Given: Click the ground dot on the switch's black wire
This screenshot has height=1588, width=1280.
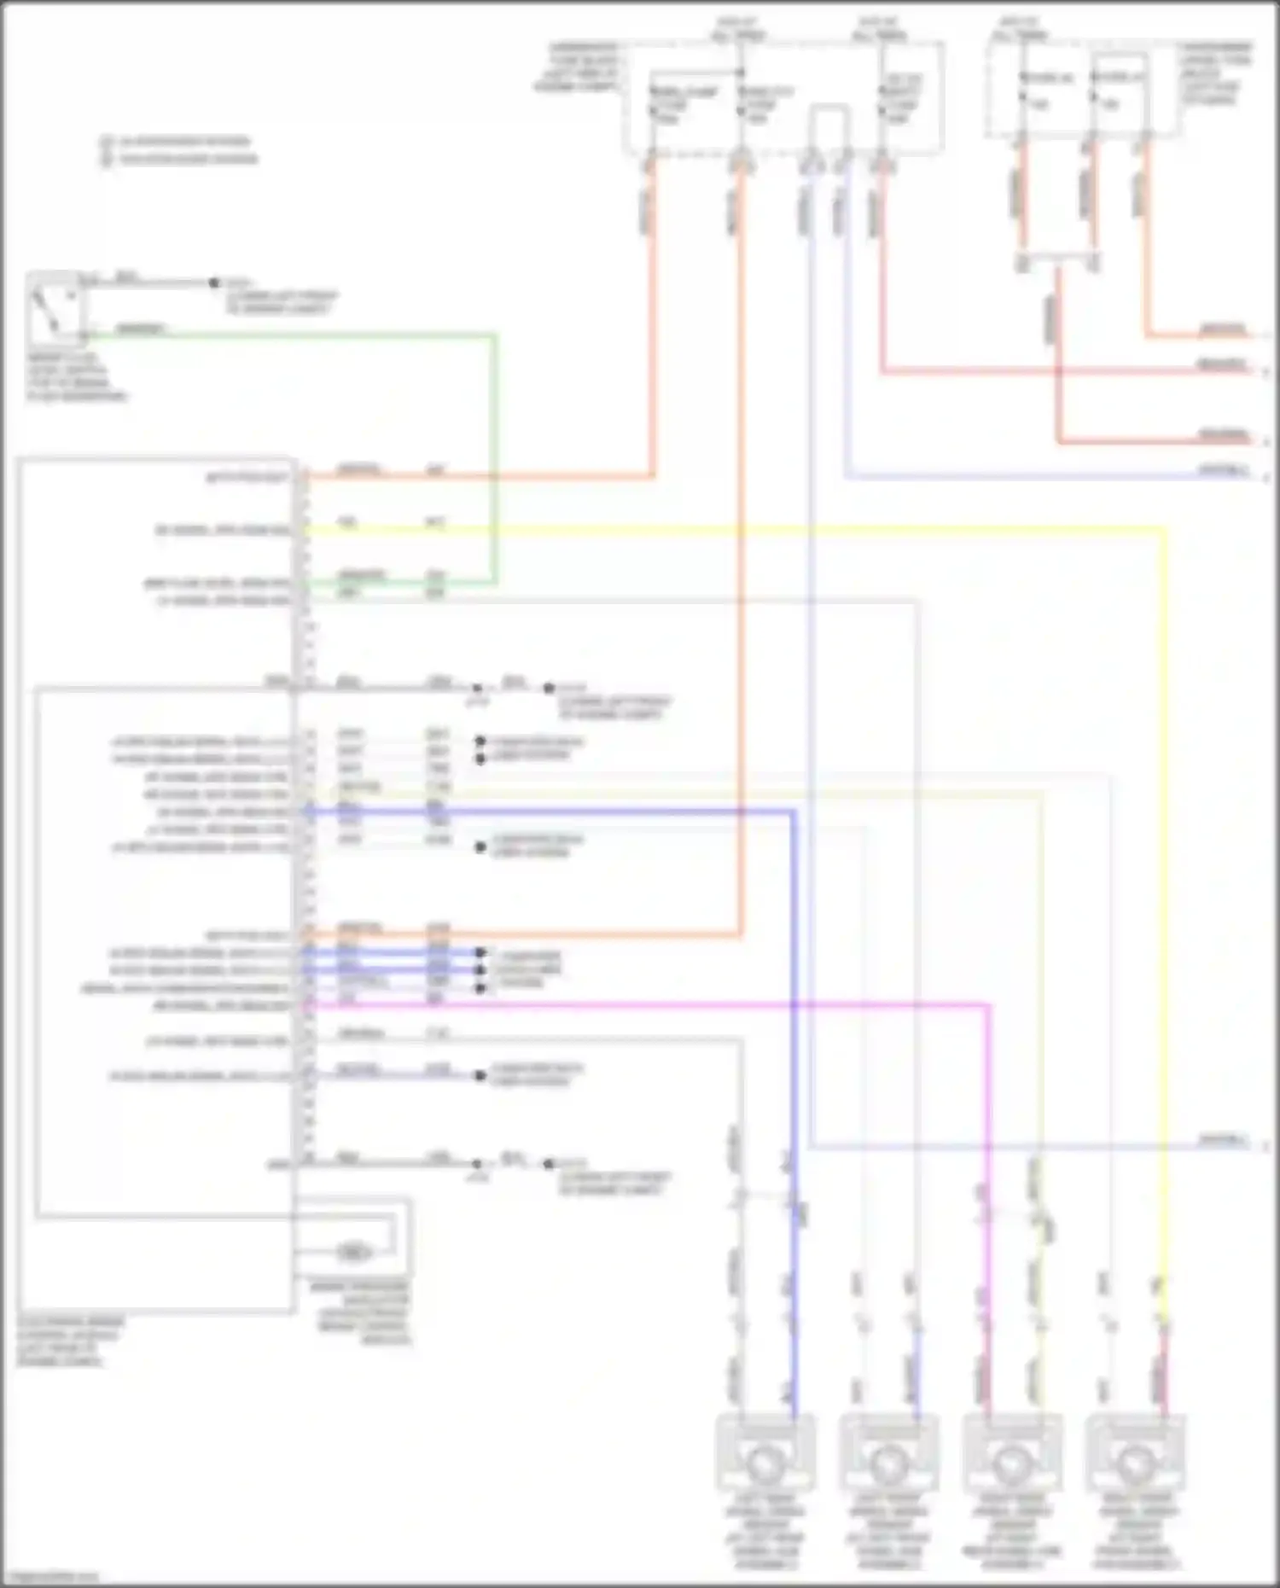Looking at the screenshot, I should pyautogui.click(x=214, y=282).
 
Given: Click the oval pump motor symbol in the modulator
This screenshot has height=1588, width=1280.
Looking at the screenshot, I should pyautogui.click(x=353, y=1253).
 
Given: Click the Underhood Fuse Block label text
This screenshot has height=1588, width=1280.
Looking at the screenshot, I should pyautogui.click(x=580, y=67).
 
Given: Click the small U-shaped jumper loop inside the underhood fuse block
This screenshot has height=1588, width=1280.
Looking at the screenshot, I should pyautogui.click(x=829, y=119).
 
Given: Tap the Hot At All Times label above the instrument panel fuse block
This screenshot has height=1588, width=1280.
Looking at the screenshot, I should pyautogui.click(x=1020, y=28).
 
